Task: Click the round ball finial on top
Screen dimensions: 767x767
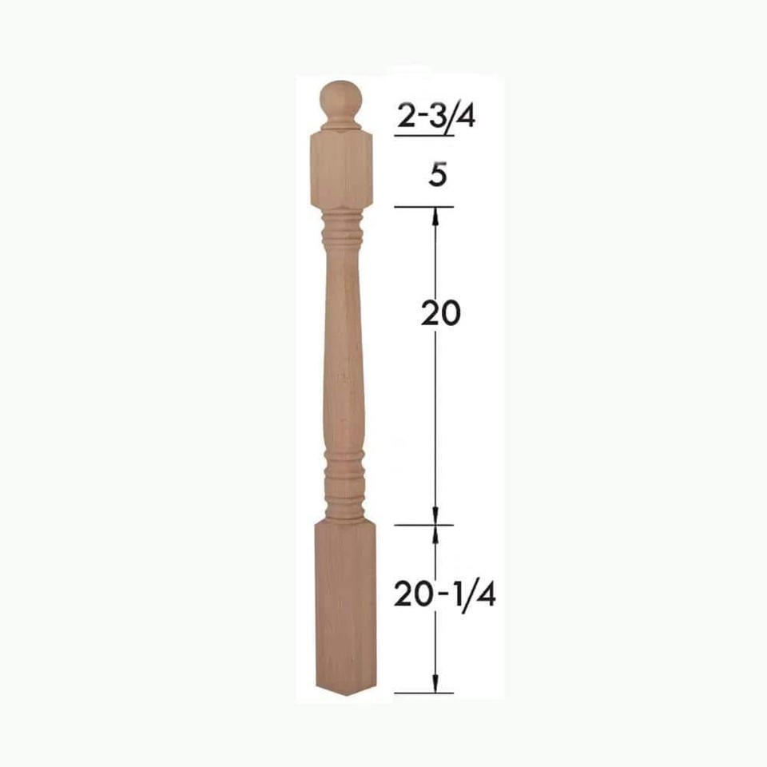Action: (x=341, y=99)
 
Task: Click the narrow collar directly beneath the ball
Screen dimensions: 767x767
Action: (x=341, y=125)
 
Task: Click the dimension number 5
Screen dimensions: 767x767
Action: (x=436, y=177)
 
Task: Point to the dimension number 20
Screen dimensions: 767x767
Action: (x=440, y=314)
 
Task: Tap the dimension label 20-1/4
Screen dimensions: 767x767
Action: (x=443, y=594)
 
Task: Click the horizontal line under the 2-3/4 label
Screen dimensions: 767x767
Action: (x=424, y=137)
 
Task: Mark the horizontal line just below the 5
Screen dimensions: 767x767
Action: (x=423, y=207)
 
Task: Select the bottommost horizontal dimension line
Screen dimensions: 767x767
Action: (x=423, y=693)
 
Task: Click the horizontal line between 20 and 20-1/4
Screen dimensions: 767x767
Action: (x=423, y=525)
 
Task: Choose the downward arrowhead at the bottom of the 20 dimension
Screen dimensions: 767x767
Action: (x=435, y=516)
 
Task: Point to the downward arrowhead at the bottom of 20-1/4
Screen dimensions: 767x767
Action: (x=435, y=684)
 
